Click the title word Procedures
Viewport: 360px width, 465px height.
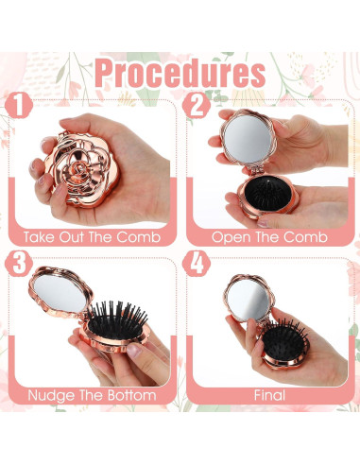[x=180, y=73]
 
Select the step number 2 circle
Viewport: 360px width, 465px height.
[x=196, y=105]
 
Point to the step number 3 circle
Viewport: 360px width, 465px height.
[x=20, y=265]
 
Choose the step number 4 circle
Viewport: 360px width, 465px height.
[x=197, y=265]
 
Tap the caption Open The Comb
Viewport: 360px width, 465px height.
[x=269, y=237]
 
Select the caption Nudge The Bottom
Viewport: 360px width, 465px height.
[x=92, y=394]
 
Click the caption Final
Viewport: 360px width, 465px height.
[x=269, y=394]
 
